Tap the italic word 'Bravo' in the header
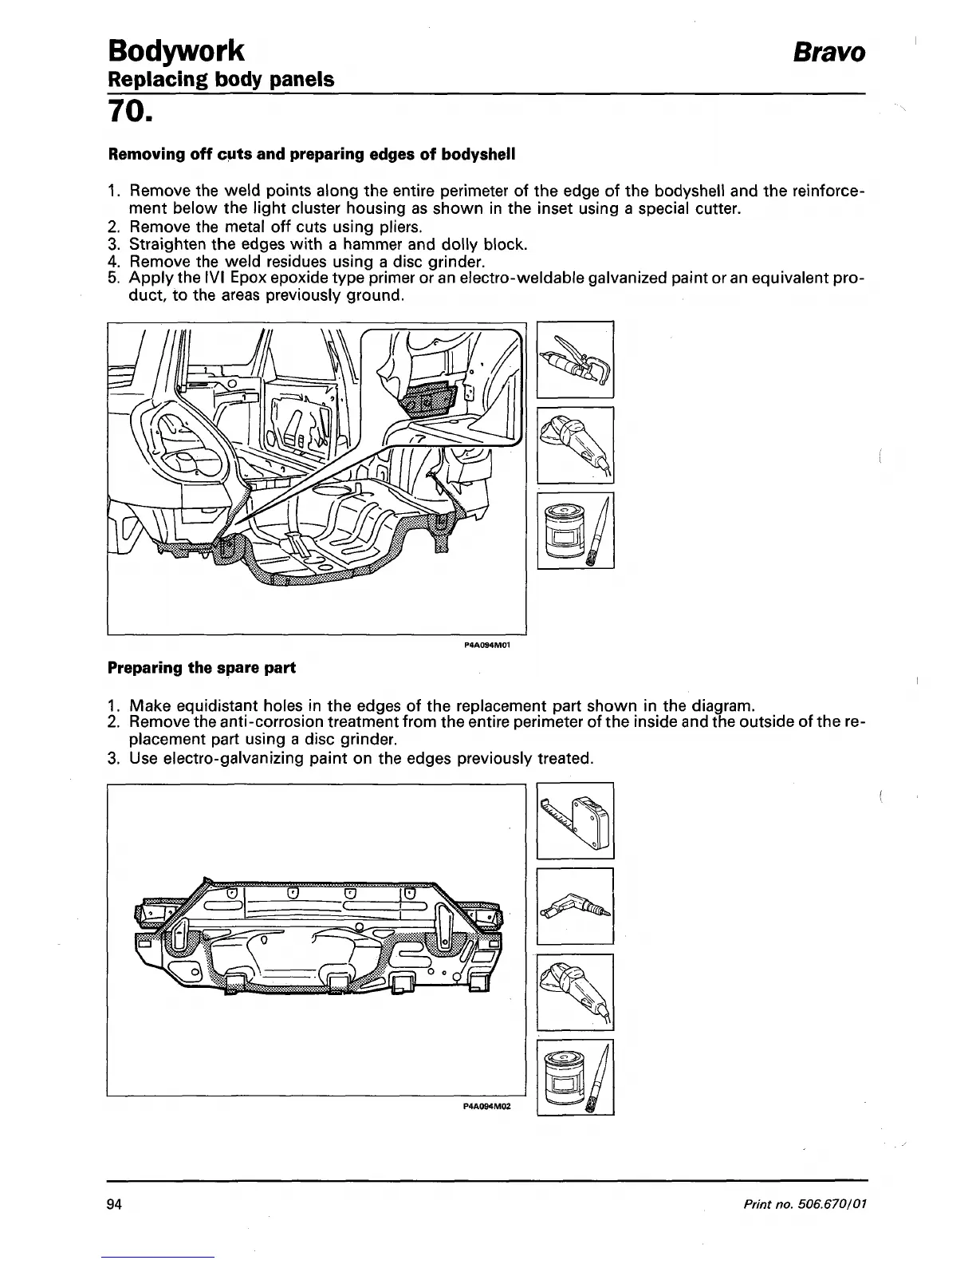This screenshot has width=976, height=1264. [828, 53]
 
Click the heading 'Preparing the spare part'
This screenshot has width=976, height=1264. [202, 667]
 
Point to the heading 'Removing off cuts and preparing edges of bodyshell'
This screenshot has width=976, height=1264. [312, 154]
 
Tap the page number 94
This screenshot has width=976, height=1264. [113, 1204]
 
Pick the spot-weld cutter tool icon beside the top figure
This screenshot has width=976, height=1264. [575, 359]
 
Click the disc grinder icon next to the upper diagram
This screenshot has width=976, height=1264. [575, 444]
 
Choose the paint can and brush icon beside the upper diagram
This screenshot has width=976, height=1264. [575, 531]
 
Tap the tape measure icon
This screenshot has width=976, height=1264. [575, 821]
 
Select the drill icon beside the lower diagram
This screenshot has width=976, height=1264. [575, 905]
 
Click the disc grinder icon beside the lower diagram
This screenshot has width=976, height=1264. [575, 992]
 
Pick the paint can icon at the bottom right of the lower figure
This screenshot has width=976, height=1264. [575, 1076]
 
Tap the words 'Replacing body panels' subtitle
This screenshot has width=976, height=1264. [221, 80]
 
